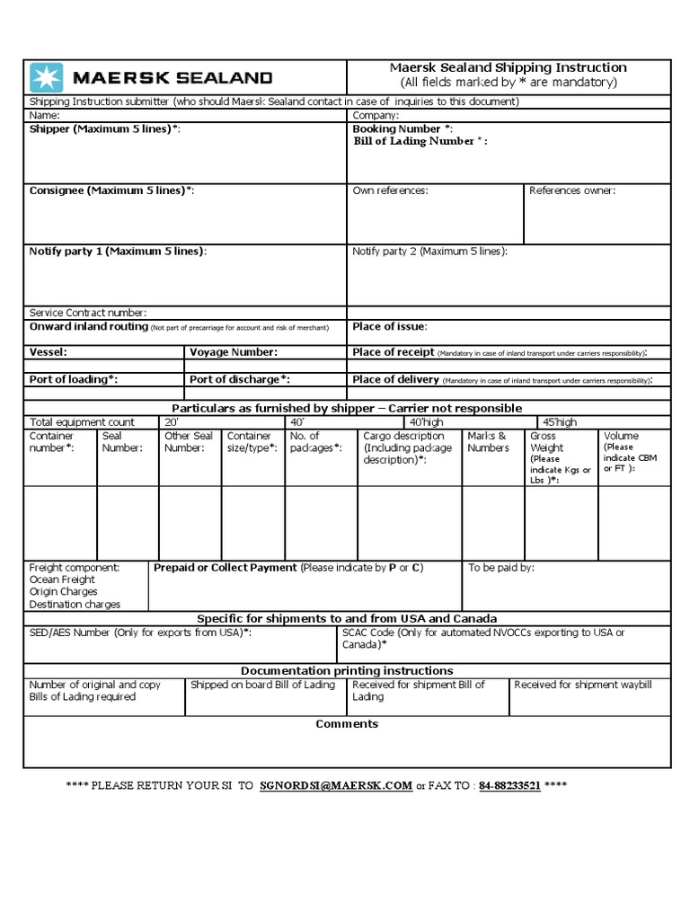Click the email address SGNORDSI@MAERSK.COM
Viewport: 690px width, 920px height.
tap(335, 785)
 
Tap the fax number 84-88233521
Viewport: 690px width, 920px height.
tap(509, 785)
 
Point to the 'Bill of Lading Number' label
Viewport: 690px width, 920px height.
tap(420, 141)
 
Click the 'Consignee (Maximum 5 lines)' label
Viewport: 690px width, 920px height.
tap(111, 190)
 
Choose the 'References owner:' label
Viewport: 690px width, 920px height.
tap(572, 190)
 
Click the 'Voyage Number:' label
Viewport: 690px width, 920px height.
tap(233, 352)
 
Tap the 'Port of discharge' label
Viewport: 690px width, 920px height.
tap(239, 379)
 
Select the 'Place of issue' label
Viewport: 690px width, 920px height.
tap(389, 326)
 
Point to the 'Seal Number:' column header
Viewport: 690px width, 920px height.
tap(122, 442)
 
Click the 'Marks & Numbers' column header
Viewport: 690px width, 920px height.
tap(488, 442)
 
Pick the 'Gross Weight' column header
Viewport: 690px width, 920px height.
tap(546, 442)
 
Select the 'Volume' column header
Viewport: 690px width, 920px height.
tap(622, 436)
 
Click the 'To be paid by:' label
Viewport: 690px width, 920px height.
tap(501, 568)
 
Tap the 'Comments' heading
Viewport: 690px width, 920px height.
tap(347, 724)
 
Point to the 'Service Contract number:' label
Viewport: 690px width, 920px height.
tap(88, 313)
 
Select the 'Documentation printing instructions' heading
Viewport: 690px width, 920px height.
tap(347, 671)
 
